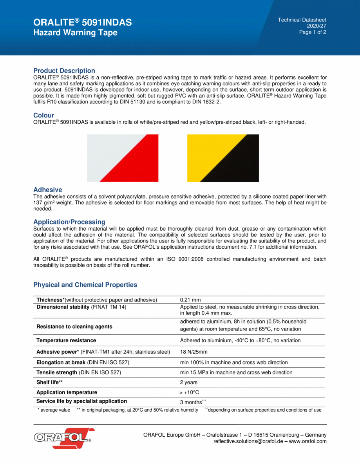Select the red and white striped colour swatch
click(123, 158)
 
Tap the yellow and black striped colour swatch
click(223, 158)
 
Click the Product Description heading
click(64, 70)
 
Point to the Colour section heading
click(43, 115)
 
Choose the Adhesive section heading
click(47, 190)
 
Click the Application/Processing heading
click(69, 222)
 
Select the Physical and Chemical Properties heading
click(85, 285)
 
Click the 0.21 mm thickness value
click(190, 300)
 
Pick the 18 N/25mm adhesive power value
click(194, 352)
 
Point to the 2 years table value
click(188, 382)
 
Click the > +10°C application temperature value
click(190, 392)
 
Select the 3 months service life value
click(191, 402)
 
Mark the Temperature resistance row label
click(66, 340)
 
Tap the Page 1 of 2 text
click(312, 32)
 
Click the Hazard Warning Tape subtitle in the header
click(75, 33)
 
